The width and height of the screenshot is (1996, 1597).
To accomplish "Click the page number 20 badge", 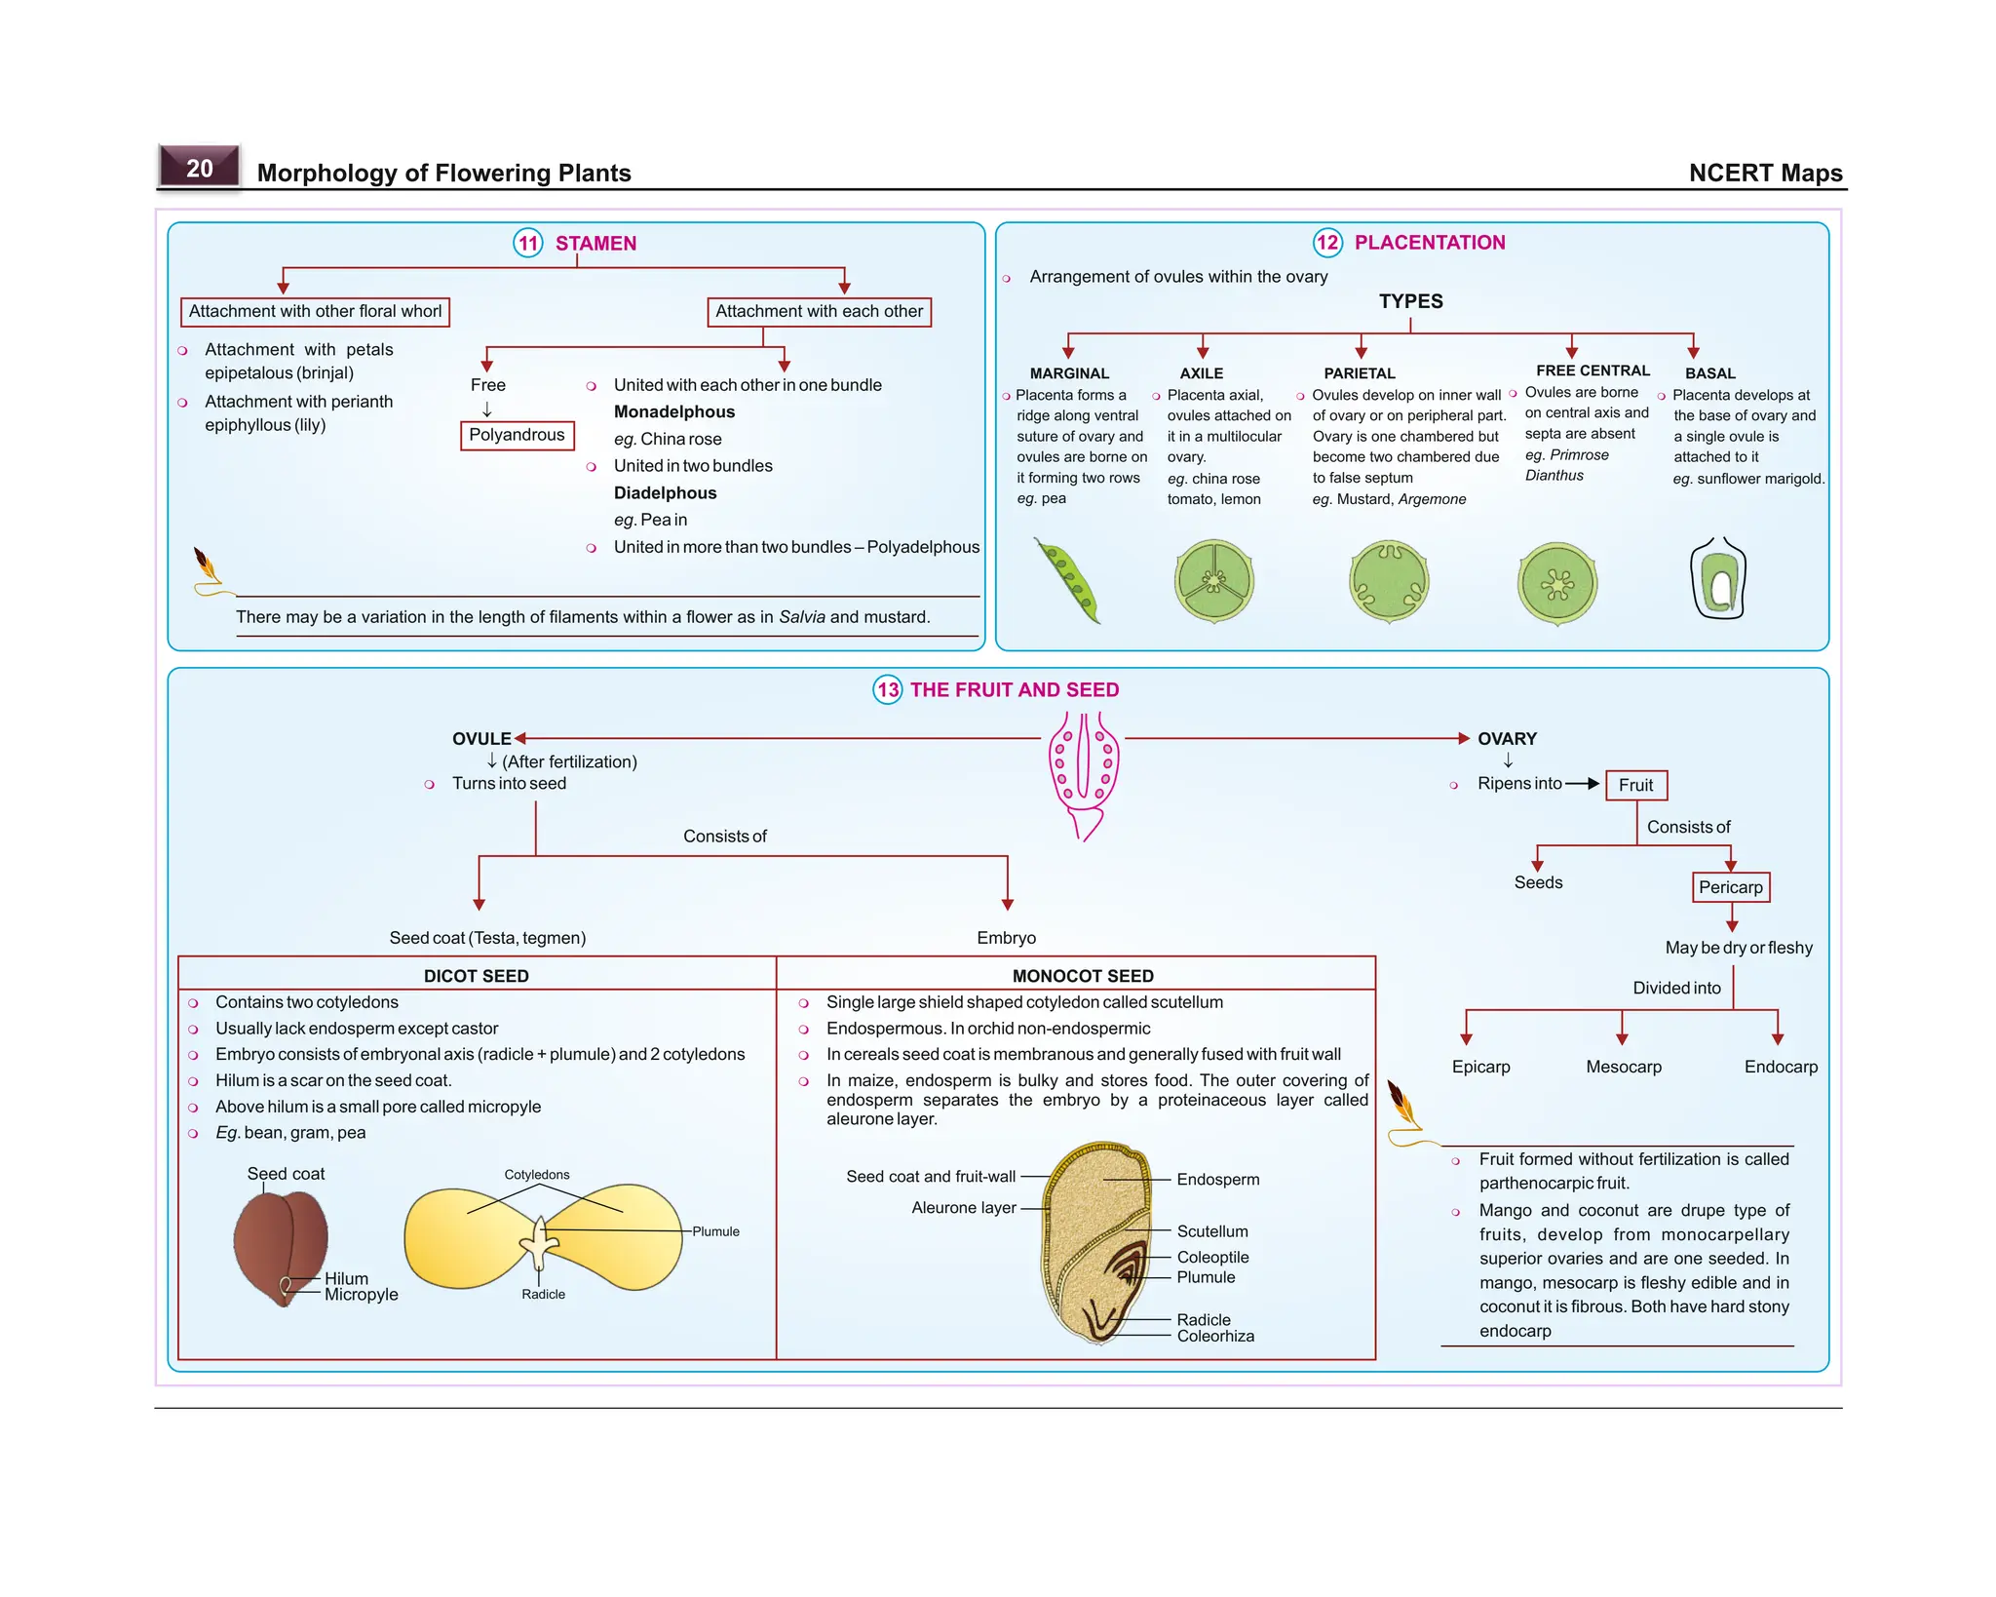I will pos(199,168).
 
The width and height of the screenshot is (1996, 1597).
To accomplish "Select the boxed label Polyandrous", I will pos(517,435).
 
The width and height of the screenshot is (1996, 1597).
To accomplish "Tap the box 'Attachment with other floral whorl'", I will pos(315,312).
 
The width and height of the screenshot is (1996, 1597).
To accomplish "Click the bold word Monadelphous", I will pos(673,412).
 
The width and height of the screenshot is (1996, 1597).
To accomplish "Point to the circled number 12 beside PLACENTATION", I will pos(1326,243).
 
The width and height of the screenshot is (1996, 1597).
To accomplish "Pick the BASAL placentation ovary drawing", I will pos(1718,579).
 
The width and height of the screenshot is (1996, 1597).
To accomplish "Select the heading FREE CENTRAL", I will pos(1593,370).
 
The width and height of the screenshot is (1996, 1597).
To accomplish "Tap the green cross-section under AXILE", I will pos(1213,581).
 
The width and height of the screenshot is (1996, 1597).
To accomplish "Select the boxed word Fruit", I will pos(1635,786).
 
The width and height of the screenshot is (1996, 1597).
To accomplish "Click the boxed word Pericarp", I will pos(1730,887).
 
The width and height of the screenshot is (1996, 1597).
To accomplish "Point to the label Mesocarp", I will pos(1623,1067).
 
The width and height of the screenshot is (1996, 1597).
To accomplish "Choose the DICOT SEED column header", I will pos(476,976).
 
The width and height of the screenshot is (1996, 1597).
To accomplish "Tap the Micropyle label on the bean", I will pos(361,1296).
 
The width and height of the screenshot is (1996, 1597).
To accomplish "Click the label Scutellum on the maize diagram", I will pos(1211,1231).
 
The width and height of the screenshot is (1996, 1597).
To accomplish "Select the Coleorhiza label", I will pos(1214,1337).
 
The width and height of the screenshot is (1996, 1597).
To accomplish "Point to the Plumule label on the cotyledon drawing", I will pos(715,1232).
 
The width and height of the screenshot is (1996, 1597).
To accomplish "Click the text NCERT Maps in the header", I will pos(1764,174).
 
